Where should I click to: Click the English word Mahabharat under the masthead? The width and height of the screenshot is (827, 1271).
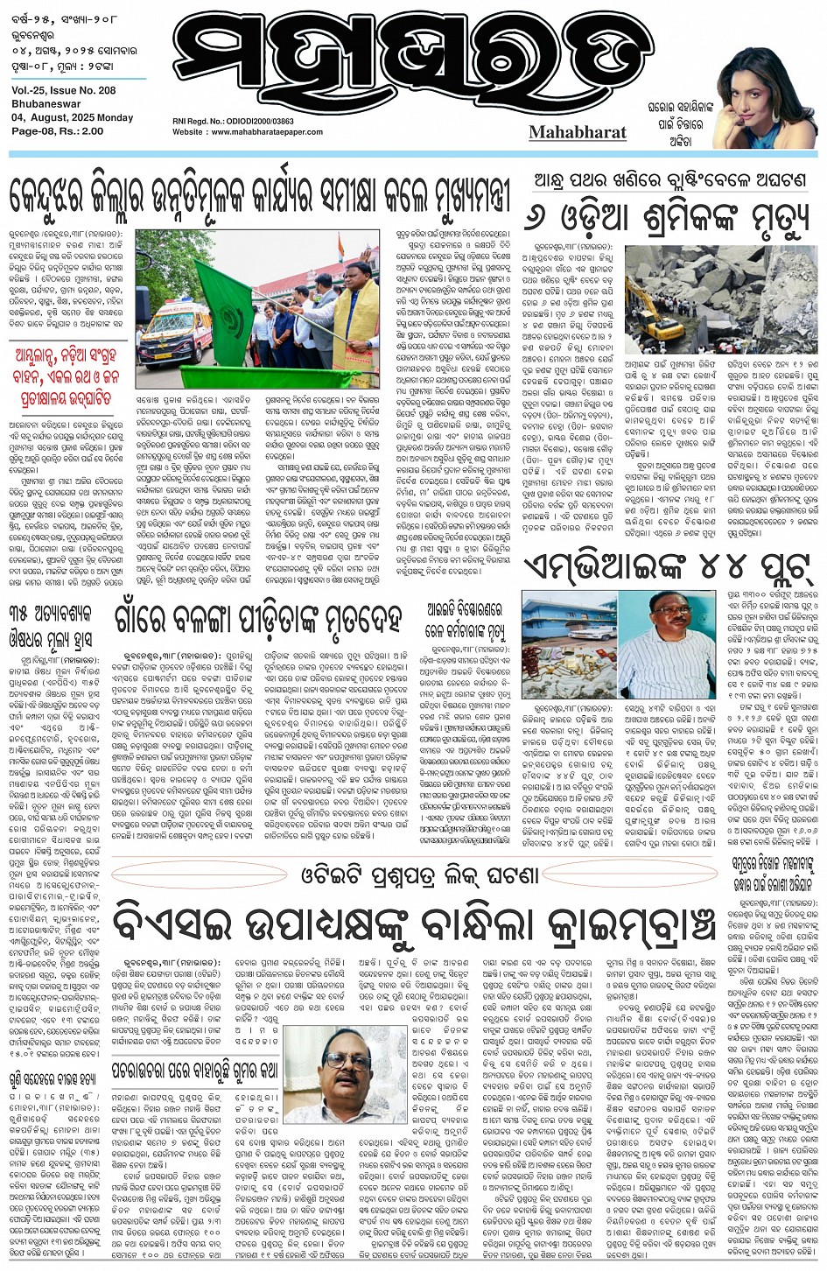[x=578, y=132]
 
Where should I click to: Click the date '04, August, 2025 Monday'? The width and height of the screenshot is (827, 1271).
[x=73, y=117]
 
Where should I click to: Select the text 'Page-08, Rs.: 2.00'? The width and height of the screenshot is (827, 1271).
[x=58, y=130]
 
